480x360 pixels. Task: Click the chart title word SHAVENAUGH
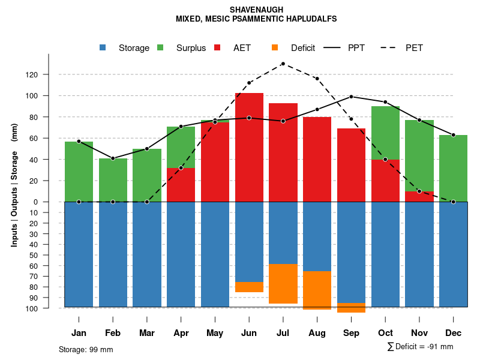256,10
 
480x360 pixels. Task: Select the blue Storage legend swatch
103,48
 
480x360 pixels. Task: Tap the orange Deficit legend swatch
275,48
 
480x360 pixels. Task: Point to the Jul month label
283,333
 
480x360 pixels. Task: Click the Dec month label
454,333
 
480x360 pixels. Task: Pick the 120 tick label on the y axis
49,74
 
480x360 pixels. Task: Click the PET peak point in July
283,64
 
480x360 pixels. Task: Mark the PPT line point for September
351,97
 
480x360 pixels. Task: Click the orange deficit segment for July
283,283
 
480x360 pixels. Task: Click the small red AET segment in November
419,196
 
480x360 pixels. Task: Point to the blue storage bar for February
113,254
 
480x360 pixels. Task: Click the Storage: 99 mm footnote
86,349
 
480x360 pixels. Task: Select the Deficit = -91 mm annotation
420,346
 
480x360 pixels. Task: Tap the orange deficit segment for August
317,290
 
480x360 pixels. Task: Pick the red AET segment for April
181,185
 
